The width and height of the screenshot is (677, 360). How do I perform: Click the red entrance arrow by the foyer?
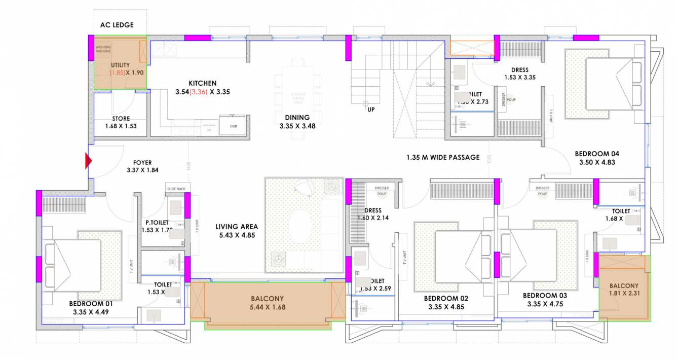click(x=89, y=161)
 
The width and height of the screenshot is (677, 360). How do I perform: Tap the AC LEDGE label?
click(x=116, y=25)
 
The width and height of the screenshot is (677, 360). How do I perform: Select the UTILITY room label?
click(x=121, y=65)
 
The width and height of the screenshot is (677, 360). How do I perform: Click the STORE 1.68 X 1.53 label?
click(x=121, y=122)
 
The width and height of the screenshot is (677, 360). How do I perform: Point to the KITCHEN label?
click(x=202, y=83)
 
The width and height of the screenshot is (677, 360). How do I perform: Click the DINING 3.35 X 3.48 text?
click(x=297, y=122)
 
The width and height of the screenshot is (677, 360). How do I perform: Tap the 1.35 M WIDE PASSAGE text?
click(x=442, y=157)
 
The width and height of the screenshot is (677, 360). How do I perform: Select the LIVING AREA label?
click(x=236, y=227)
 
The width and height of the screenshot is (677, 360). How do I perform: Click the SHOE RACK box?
click(x=176, y=189)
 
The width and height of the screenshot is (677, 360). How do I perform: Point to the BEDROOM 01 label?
click(x=91, y=304)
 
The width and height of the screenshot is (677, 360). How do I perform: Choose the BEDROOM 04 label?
click(x=596, y=154)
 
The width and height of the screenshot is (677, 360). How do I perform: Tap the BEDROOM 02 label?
click(x=446, y=299)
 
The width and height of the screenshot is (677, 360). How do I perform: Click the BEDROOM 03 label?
click(x=545, y=296)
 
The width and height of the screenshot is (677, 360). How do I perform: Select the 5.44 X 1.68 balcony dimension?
click(x=267, y=307)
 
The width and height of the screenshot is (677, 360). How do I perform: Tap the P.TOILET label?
click(x=157, y=222)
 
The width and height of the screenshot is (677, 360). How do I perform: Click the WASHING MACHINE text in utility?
click(x=103, y=49)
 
